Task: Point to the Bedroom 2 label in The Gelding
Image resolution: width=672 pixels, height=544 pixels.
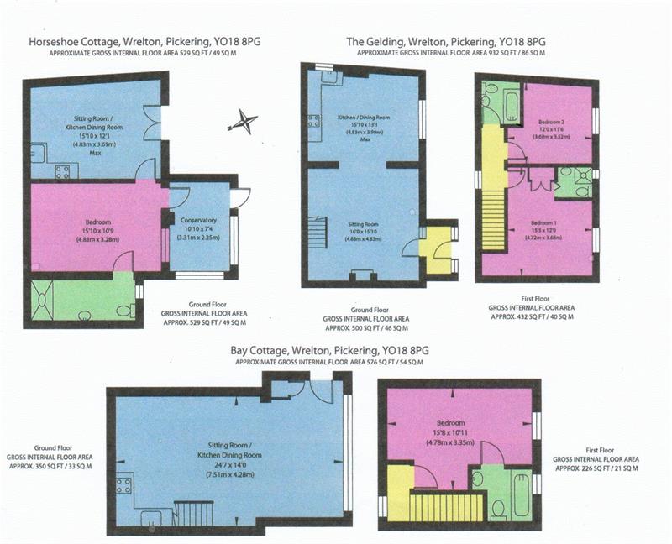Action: coord(551,123)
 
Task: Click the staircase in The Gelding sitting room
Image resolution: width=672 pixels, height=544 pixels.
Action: coord(317,230)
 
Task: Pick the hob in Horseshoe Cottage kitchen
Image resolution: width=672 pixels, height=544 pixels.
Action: coord(62,172)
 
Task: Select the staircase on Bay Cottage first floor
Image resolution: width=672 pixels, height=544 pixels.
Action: coord(446,507)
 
